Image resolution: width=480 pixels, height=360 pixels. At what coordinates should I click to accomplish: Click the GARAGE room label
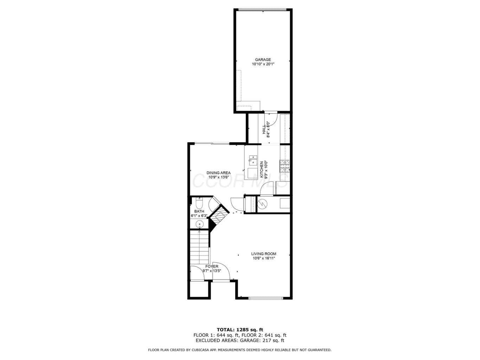tap(263, 59)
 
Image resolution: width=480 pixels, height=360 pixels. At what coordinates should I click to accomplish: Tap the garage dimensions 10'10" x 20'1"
tap(263, 64)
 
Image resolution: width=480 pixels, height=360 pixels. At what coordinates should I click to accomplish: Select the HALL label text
tap(264, 129)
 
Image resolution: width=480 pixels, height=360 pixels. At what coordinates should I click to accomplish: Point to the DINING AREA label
tap(218, 173)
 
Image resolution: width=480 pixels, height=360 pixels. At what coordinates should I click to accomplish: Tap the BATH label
tap(199, 211)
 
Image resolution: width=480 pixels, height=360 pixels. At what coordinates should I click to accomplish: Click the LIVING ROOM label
tap(263, 254)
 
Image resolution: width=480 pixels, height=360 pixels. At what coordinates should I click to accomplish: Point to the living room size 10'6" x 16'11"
tap(263, 258)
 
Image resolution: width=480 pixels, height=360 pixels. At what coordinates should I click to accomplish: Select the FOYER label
tap(211, 266)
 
